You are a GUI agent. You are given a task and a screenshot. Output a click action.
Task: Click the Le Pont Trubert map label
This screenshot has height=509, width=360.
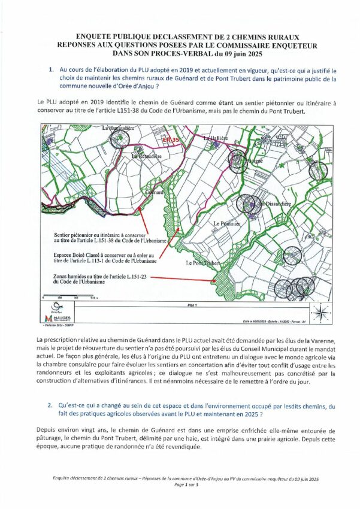click(x=204, y=263)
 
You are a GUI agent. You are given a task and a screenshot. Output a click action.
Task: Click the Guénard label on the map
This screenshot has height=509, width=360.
click(x=155, y=193)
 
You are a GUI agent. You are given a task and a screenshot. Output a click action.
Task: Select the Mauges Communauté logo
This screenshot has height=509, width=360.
click(x=59, y=318)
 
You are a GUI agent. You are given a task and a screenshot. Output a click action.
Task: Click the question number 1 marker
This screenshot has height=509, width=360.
click(x=52, y=70)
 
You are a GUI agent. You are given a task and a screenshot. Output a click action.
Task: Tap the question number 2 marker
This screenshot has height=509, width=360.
click(x=52, y=405)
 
